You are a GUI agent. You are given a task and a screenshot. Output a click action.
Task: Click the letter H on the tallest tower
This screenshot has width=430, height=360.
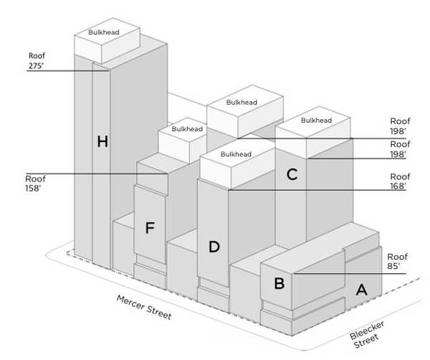point(102,142)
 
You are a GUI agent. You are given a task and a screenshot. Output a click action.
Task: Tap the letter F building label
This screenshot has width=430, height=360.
point(149,228)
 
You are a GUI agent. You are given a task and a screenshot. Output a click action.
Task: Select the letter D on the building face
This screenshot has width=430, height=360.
point(214,247)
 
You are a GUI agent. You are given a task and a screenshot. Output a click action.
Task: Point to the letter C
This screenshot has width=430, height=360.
point(292,174)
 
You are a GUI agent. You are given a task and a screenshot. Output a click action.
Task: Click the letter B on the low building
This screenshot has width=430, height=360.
point(279,283)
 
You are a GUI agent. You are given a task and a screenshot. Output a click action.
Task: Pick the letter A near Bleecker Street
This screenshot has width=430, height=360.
point(362,290)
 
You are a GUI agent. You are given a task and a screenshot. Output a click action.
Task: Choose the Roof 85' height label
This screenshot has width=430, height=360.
point(397,261)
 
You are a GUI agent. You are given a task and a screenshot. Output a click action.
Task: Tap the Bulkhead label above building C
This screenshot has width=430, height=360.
point(316,120)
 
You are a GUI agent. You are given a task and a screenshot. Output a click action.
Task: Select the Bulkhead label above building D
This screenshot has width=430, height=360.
point(236,154)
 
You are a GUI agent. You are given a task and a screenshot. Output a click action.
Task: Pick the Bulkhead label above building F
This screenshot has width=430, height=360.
point(187,129)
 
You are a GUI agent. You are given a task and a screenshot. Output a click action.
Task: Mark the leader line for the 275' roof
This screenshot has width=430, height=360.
point(68,70)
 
